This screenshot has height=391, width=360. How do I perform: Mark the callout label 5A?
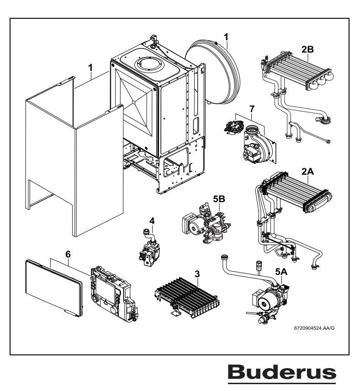coord(281,271)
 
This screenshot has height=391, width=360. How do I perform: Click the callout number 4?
coord(152,220)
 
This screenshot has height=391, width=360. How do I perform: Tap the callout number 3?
coord(197,274)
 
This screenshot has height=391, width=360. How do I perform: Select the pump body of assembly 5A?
coord(265,302)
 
